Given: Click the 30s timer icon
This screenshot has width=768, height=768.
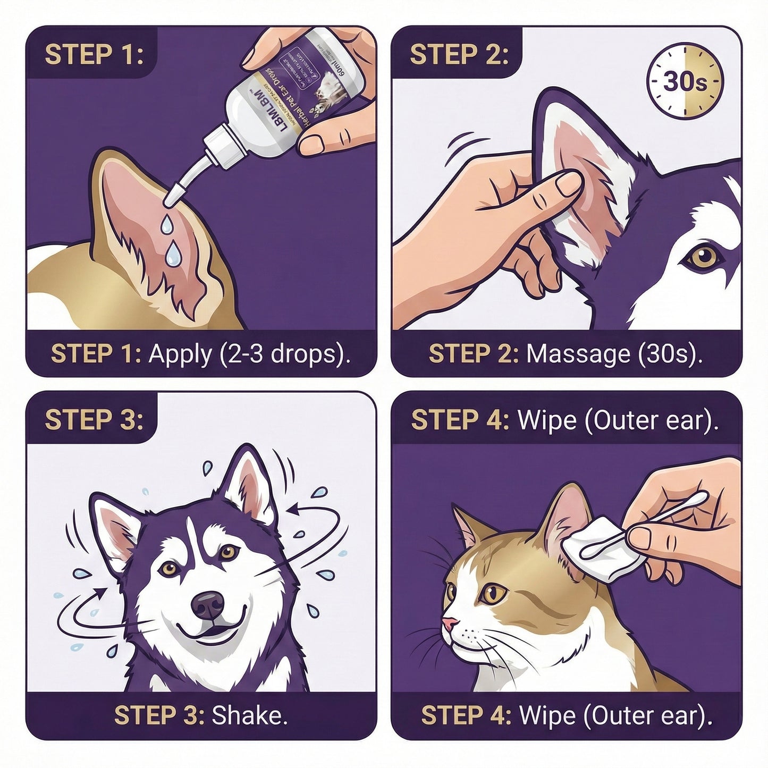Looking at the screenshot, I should point(685,82).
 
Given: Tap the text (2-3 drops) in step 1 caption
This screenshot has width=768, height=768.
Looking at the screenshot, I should point(284,354).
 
